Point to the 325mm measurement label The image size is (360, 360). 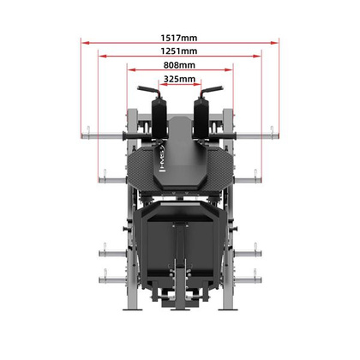coord(179,79)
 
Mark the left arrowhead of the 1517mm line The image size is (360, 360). coord(84,39)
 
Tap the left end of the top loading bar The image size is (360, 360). coord(86,134)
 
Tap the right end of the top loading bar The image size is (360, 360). coord(274,134)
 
